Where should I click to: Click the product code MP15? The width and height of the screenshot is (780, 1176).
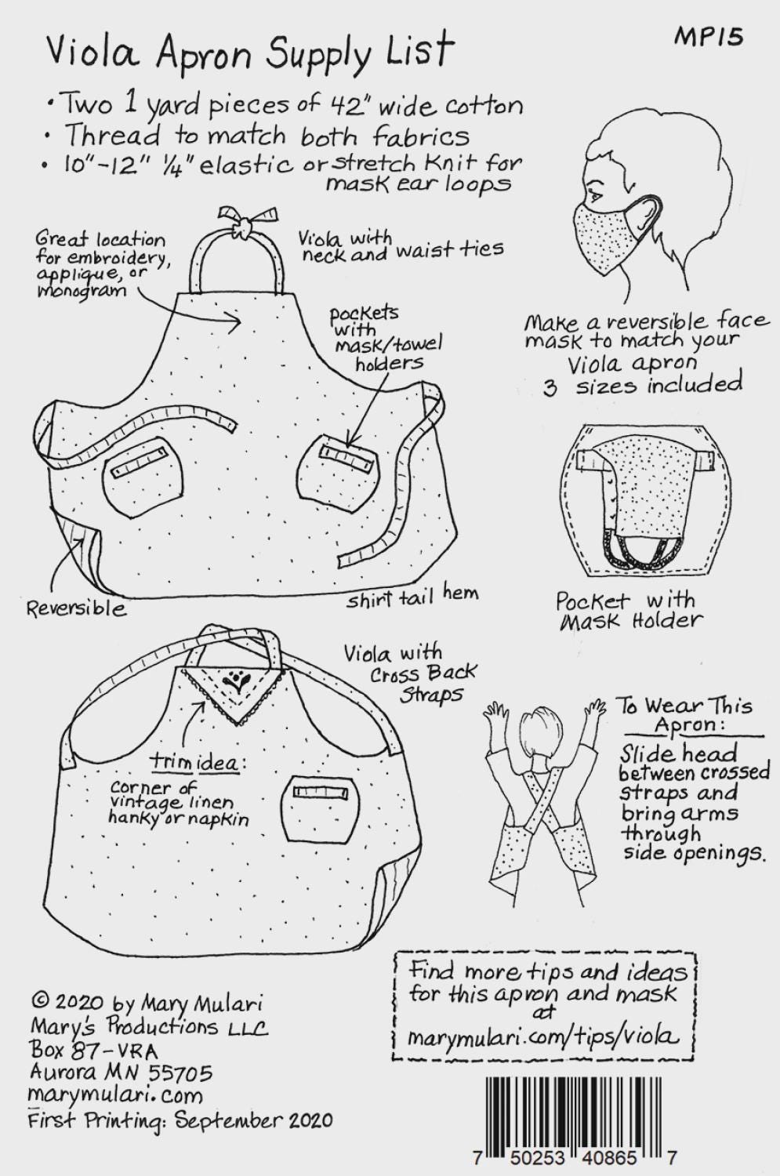pos(708,38)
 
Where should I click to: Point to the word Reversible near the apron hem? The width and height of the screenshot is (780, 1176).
pos(77,608)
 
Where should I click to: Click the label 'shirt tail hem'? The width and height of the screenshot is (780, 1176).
pos(412,597)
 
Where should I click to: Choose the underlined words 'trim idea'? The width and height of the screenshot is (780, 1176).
pos(194,762)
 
